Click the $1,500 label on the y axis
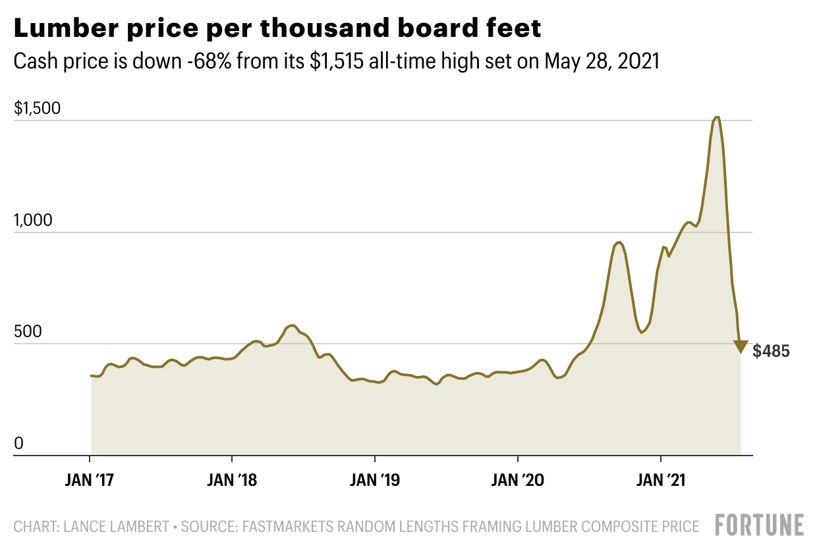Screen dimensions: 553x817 pyautogui.click(x=37, y=109)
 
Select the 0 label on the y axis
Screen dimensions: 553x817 pyautogui.click(x=18, y=444)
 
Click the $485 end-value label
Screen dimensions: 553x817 pyautogui.click(x=771, y=352)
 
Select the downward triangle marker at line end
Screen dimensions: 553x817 pyautogui.click(x=741, y=347)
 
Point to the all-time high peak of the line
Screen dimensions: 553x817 pyautogui.click(x=717, y=118)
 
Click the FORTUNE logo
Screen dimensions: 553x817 pyautogui.click(x=760, y=525)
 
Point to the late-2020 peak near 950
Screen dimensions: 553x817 pyautogui.click(x=619, y=242)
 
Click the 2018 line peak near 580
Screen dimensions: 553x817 pyautogui.click(x=292, y=325)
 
